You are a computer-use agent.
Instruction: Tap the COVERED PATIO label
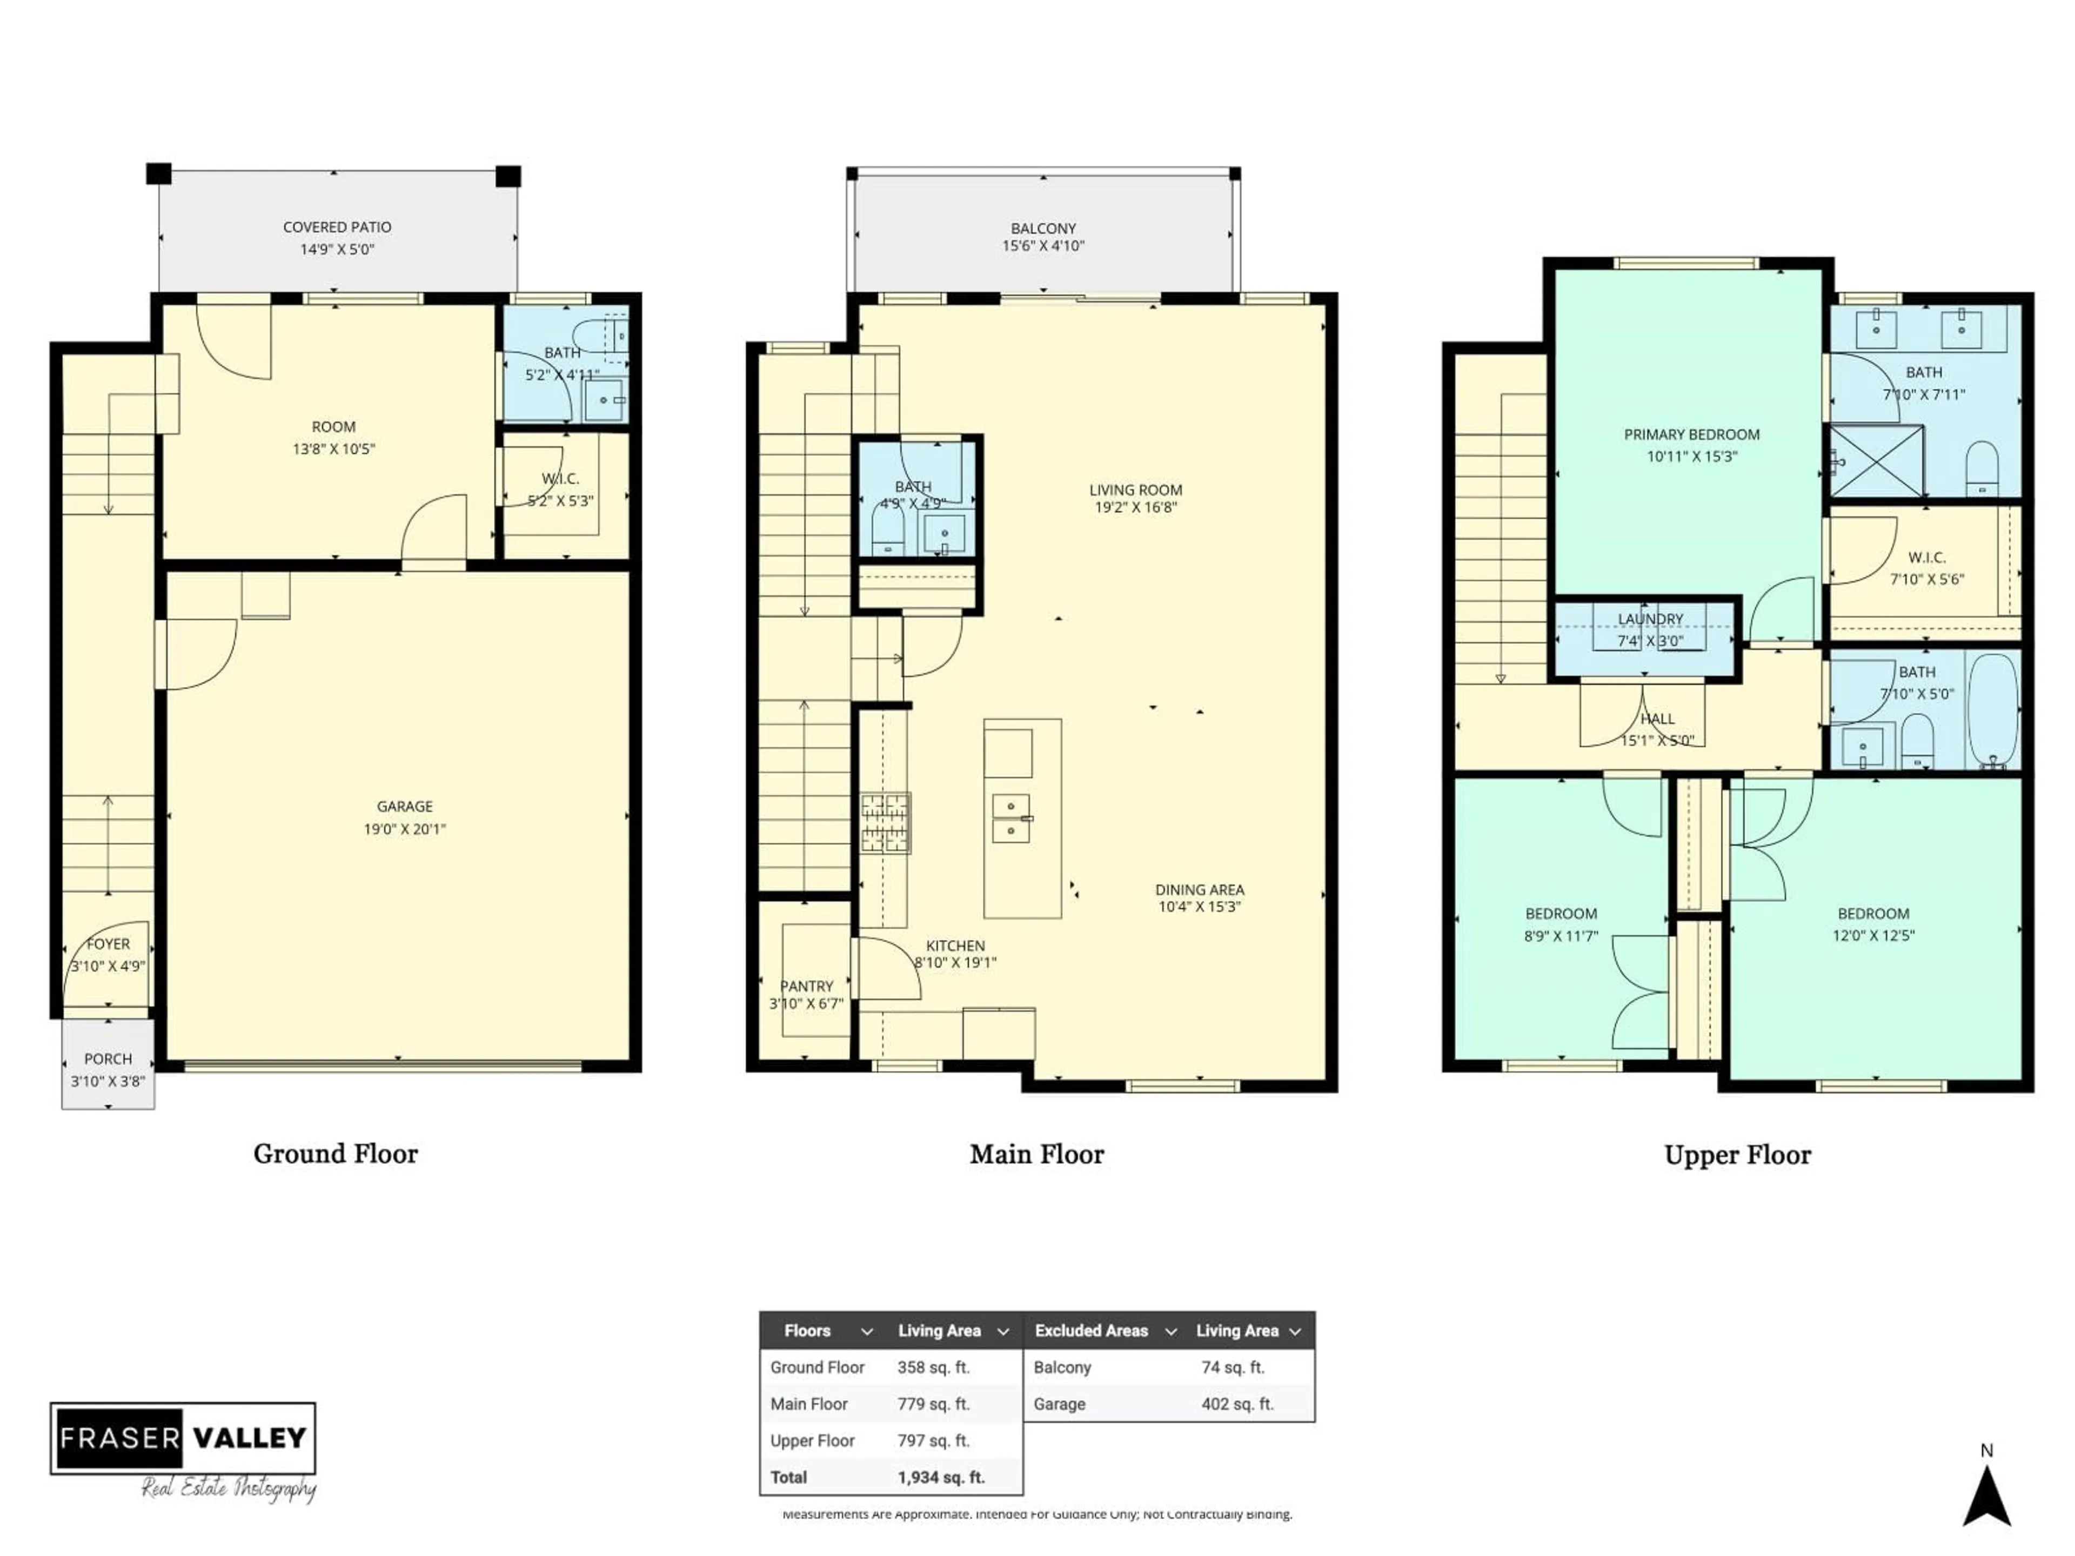click(x=337, y=227)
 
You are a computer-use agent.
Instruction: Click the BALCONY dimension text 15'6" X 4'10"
click(x=1042, y=246)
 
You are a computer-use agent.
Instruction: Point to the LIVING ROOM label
click(x=1135, y=489)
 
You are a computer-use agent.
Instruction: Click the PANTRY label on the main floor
click(x=806, y=986)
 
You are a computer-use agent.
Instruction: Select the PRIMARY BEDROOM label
click(x=1691, y=434)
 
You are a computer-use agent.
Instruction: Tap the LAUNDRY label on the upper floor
click(x=1650, y=619)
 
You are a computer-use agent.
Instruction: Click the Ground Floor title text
click(x=335, y=1153)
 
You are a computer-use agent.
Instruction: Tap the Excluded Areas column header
click(x=1091, y=1330)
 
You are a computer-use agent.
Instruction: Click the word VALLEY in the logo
click(x=250, y=1438)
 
